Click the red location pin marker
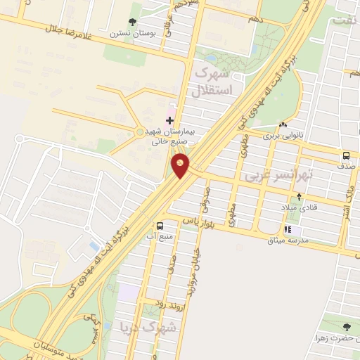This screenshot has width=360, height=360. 181,166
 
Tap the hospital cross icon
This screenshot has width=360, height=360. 169,120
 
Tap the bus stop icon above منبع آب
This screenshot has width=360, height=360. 161,226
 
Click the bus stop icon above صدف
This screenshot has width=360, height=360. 346,155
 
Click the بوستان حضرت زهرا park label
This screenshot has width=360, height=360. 334,339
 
